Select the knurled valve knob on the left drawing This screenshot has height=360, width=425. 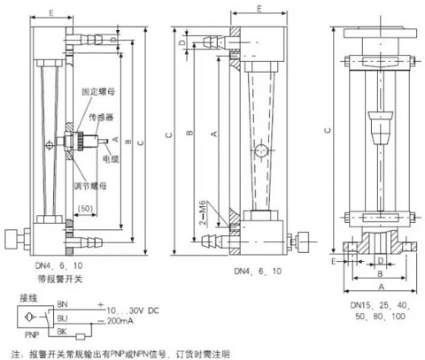click(x=11, y=239)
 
